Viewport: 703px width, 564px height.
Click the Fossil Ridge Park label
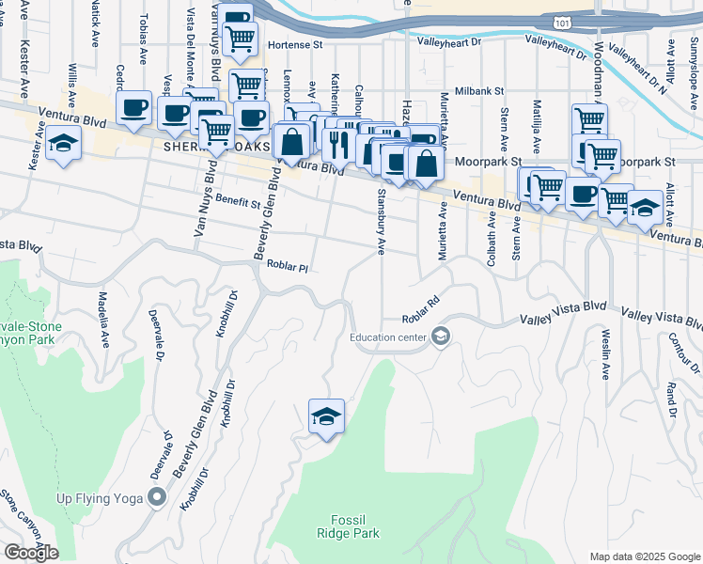(x=354, y=526)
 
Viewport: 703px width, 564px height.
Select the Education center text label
(x=388, y=337)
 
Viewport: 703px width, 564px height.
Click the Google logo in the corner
(x=31, y=553)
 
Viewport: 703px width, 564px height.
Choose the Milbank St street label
(x=479, y=91)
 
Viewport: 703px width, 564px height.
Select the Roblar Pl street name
(x=288, y=267)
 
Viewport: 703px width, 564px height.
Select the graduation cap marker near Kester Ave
(x=64, y=143)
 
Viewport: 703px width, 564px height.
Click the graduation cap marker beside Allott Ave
(x=645, y=207)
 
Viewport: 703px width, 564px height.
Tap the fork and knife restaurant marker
(x=336, y=142)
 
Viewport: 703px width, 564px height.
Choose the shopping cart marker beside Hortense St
(x=242, y=37)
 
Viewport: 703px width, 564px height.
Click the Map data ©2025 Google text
(x=644, y=556)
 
